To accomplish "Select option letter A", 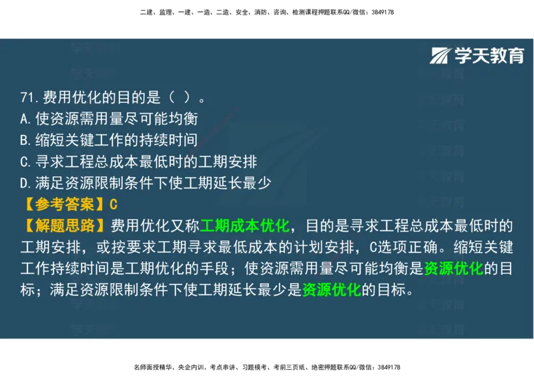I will point(25,120).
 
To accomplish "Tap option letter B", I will point(25,140).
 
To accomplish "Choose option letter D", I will point(25,182).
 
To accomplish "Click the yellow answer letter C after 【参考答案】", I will point(113,204).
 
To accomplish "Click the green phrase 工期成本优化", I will point(244,225).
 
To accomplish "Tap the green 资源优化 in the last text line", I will point(332,290).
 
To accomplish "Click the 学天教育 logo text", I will point(489,56).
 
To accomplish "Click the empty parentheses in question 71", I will point(180,98).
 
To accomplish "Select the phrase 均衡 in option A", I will point(182,120).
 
